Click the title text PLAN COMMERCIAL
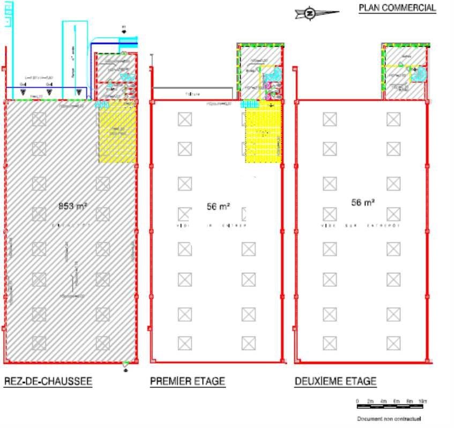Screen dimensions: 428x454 397,8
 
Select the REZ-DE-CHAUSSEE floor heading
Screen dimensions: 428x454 48,381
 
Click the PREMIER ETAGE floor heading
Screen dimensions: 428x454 187,381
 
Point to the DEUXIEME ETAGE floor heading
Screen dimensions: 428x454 335,381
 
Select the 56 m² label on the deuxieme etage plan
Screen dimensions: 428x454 362,203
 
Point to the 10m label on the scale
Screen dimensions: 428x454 422,401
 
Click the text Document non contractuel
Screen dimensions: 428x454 389,419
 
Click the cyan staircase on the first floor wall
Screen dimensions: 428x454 248,104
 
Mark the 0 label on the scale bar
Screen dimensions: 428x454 357,401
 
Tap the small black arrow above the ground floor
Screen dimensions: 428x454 124,32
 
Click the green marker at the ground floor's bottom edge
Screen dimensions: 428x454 125,364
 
